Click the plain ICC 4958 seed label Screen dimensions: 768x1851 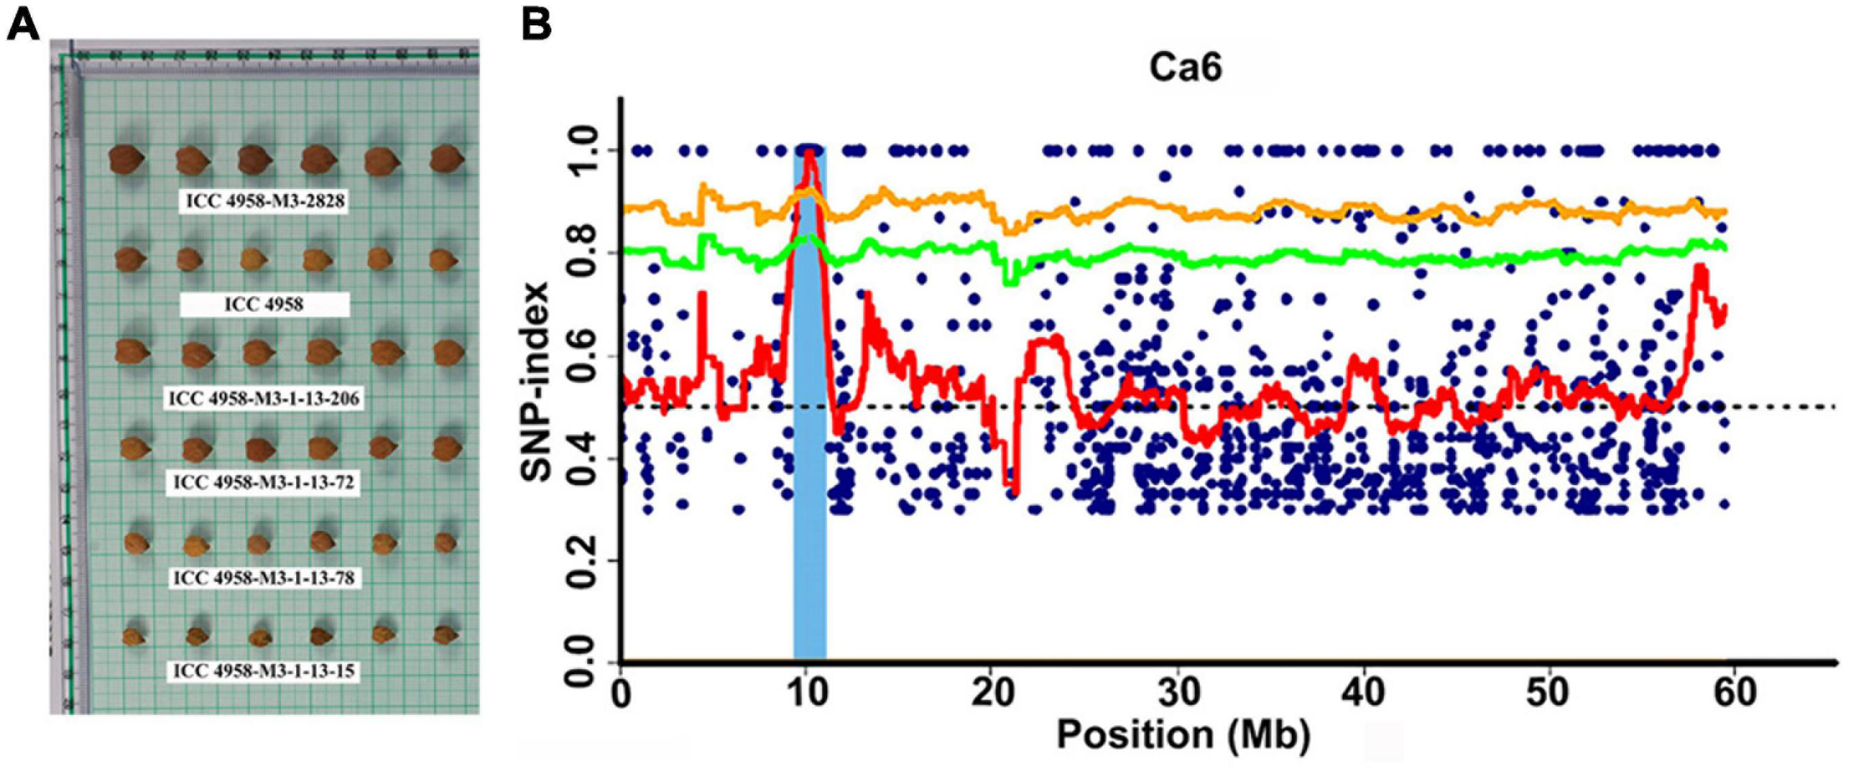click(x=264, y=304)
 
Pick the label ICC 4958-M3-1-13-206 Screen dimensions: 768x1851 click(x=264, y=399)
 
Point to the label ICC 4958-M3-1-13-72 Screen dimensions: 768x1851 click(x=264, y=483)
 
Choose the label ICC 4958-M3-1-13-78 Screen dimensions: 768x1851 click(x=264, y=578)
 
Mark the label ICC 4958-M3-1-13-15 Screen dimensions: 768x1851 click(x=264, y=671)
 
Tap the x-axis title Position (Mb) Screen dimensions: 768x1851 click(x=1182, y=735)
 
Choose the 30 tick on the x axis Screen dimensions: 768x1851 click(x=1179, y=693)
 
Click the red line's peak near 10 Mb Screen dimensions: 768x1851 click(x=810, y=152)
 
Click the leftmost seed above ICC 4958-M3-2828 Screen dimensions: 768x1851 click(x=124, y=160)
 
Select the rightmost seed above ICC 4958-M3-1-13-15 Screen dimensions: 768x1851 click(x=445, y=635)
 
